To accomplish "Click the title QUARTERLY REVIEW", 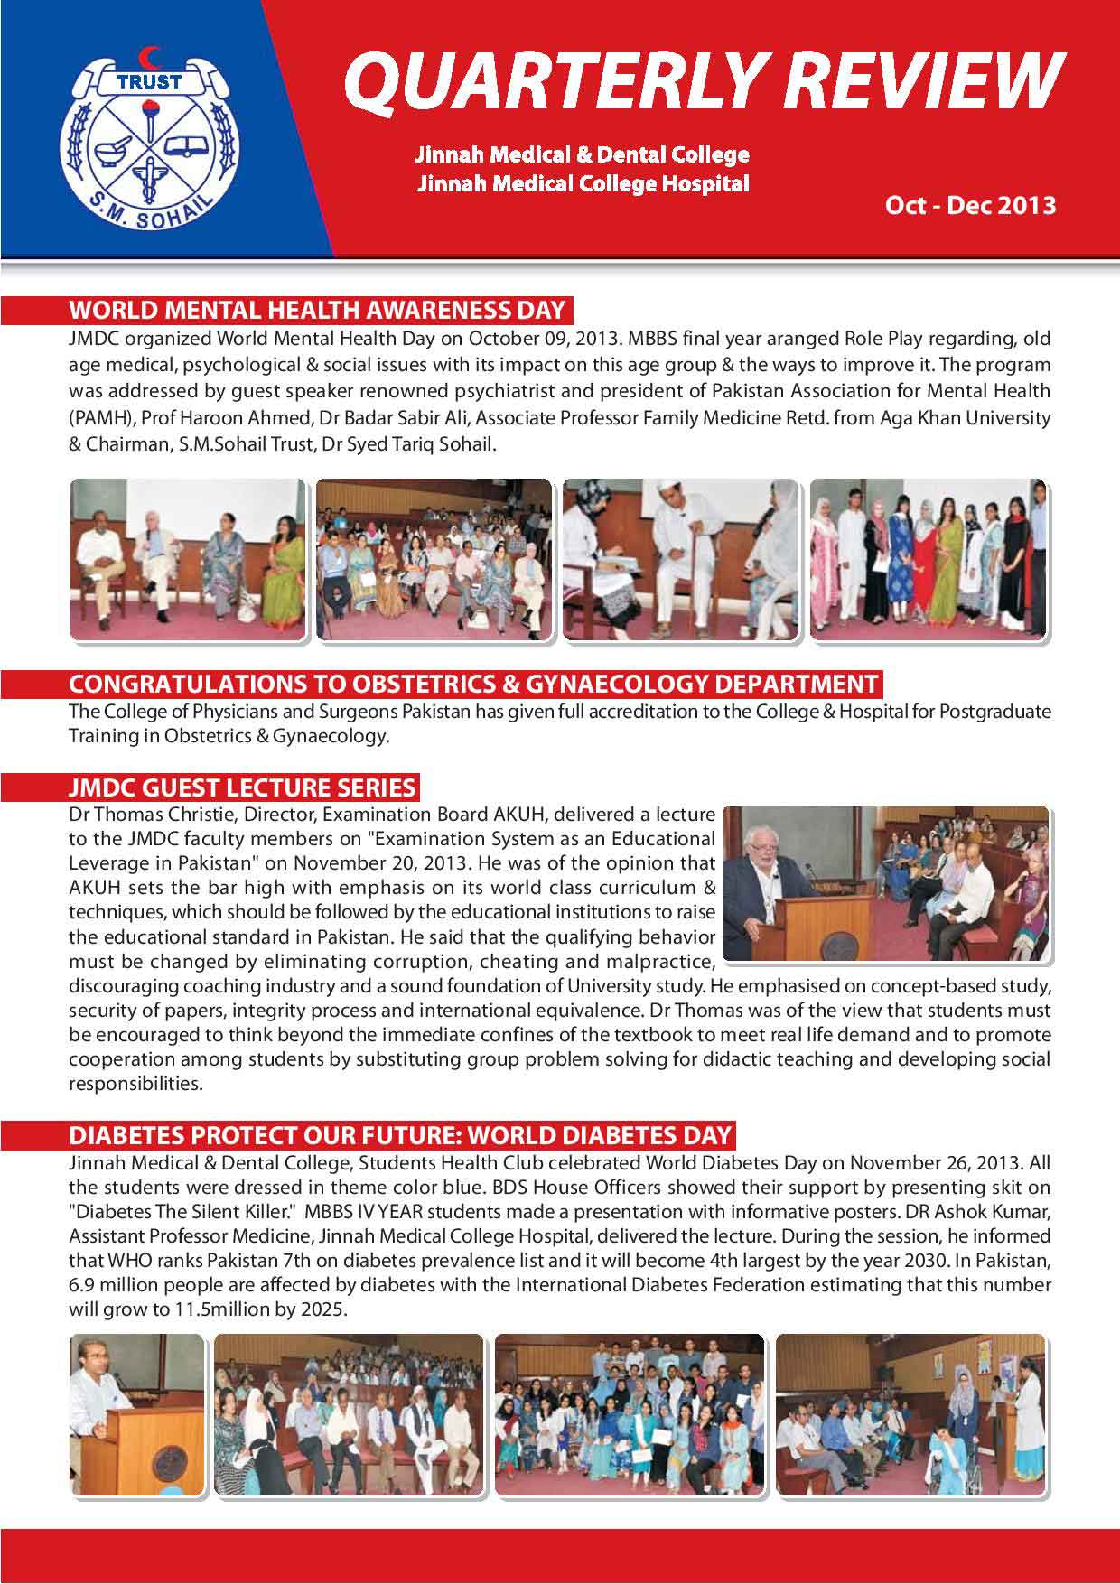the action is point(704,79).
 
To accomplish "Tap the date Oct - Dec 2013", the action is point(970,205).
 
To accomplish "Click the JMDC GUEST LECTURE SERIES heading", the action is point(242,787).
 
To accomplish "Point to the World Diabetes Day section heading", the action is point(401,1134).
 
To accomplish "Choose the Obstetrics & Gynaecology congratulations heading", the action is point(473,684).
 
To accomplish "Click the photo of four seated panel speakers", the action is point(188,559).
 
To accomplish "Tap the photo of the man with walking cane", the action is point(680,559).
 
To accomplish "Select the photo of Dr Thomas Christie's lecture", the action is point(886,883).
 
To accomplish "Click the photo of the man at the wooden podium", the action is point(136,1413).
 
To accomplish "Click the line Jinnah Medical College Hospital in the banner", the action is point(583,184).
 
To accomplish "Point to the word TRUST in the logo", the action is point(150,81).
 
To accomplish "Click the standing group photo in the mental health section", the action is point(929,559).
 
